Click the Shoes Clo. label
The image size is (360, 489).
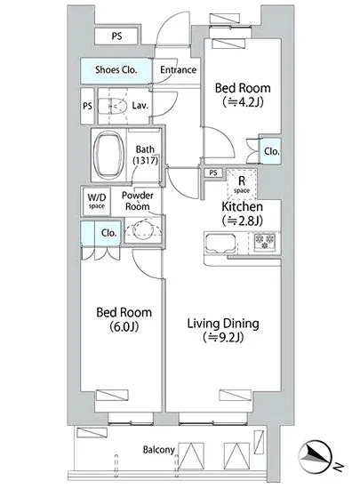116,69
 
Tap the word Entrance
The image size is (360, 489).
179,69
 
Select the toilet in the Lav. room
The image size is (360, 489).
113,107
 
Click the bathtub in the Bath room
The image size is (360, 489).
109,155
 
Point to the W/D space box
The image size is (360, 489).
97,201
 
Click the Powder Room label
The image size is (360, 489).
138,201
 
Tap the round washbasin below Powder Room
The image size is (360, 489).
143,230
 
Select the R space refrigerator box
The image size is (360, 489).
242,184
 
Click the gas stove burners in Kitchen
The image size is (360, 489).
265,241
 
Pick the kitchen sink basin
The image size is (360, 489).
220,243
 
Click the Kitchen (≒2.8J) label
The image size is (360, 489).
242,213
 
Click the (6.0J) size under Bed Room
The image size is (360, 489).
124,327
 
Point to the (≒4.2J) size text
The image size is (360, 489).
243,102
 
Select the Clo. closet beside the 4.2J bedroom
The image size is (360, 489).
270,151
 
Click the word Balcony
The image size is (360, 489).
158,450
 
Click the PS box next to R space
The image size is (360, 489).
213,172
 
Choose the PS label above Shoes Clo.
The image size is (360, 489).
116,36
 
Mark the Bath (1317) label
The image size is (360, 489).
145,155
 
